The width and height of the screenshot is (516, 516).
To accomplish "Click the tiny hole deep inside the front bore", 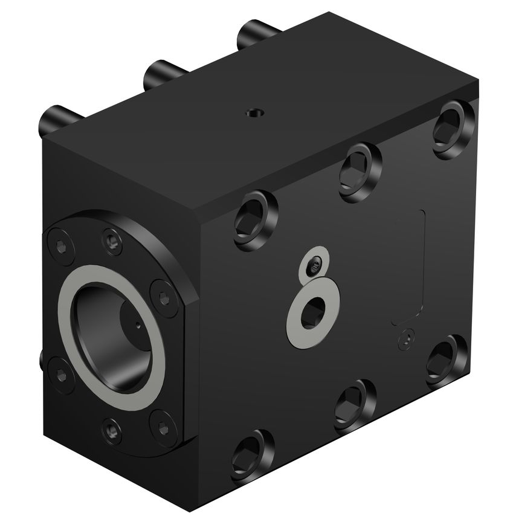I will (138, 327).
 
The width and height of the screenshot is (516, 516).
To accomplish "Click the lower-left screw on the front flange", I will (60, 373).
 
